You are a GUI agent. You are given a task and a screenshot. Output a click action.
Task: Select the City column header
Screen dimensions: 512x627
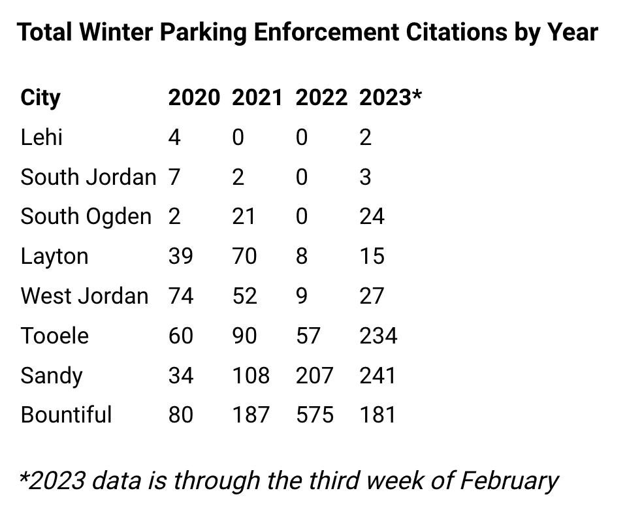click(40, 98)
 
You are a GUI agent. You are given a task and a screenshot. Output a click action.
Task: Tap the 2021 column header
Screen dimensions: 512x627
click(257, 98)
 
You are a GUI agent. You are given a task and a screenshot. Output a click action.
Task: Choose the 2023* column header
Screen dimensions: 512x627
click(391, 98)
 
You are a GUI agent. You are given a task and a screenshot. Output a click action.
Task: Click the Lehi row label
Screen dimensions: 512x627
click(41, 138)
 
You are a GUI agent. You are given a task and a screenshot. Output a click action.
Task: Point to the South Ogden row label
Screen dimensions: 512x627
click(86, 217)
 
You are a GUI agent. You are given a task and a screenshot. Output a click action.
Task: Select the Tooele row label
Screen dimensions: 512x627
click(55, 336)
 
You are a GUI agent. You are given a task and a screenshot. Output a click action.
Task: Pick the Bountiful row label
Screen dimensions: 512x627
click(66, 415)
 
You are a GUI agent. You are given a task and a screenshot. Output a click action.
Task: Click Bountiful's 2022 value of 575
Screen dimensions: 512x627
click(314, 415)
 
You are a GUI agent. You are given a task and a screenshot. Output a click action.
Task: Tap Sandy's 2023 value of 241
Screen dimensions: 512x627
click(378, 376)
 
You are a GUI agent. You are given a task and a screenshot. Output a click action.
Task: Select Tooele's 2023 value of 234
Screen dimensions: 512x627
click(378, 336)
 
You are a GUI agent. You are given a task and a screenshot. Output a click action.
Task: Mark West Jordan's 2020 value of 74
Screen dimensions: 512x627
click(181, 296)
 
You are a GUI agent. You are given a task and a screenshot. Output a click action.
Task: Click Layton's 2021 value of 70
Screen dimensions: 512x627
click(244, 256)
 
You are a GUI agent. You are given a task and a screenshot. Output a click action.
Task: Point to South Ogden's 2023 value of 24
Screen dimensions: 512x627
click(372, 217)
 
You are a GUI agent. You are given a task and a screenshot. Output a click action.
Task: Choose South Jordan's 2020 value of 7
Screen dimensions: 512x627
click(174, 177)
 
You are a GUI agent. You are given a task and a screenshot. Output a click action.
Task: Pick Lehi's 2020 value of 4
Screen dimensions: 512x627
click(174, 138)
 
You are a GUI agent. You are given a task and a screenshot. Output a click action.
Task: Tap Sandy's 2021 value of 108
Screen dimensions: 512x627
click(251, 376)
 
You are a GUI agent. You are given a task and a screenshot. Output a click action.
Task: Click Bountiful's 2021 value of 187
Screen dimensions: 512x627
click(251, 415)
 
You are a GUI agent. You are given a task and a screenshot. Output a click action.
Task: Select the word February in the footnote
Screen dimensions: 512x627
click(509, 481)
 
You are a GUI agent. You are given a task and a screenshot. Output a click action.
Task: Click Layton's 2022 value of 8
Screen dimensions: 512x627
click(301, 256)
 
